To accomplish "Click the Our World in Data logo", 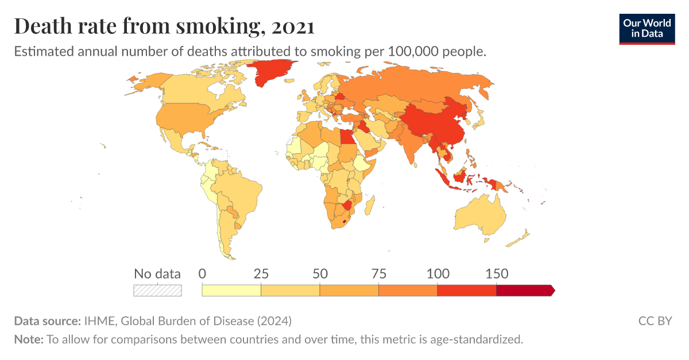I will pyautogui.click(x=647, y=29).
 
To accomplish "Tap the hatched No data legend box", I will pyautogui.click(x=157, y=291).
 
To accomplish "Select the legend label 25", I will pyautogui.click(x=261, y=274).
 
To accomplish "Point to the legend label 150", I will pyautogui.click(x=496, y=274).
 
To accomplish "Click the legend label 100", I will pyautogui.click(x=438, y=274).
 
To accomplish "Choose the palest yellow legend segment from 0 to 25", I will pyautogui.click(x=231, y=291).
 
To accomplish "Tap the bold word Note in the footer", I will pyautogui.click(x=28, y=339).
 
